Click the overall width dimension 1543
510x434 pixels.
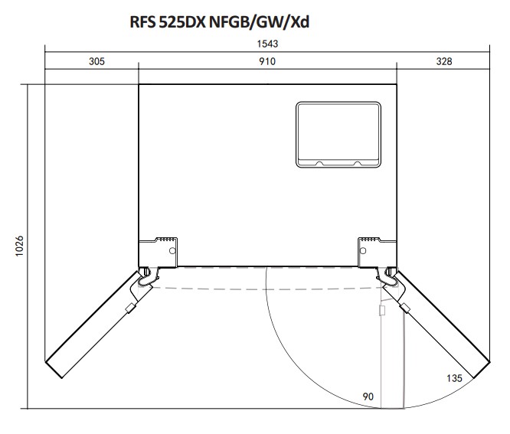tap(267, 44)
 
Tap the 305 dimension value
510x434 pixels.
tap(97, 61)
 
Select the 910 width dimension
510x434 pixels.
tap(267, 61)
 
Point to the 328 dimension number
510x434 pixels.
tap(444, 61)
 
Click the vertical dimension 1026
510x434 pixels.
tap(19, 246)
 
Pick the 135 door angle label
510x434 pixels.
tap(454, 378)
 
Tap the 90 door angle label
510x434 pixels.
tap(368, 396)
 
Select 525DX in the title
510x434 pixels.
tap(182, 22)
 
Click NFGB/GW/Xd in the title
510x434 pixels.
tap(259, 22)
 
